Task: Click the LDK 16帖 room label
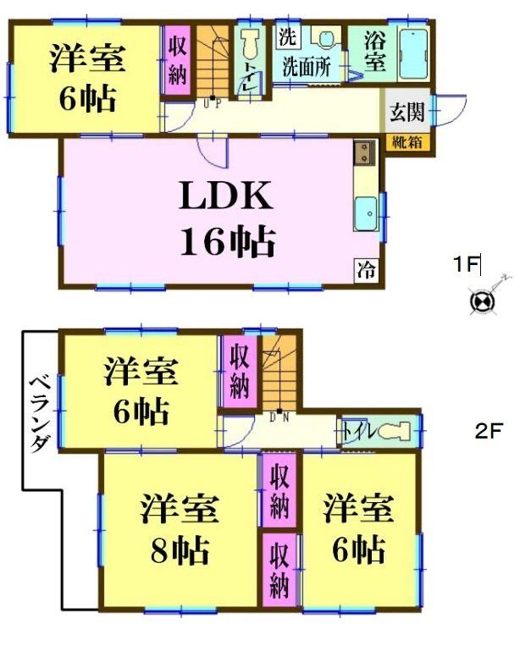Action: point(226,218)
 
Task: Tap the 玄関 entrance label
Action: point(407,111)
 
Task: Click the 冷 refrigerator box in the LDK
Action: point(366,271)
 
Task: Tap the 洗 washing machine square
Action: point(287,36)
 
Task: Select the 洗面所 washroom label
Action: point(306,65)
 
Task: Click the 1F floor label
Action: point(465,265)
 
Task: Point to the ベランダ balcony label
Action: point(39,415)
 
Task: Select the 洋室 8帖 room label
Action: point(180,530)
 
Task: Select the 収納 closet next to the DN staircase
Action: point(239,372)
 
